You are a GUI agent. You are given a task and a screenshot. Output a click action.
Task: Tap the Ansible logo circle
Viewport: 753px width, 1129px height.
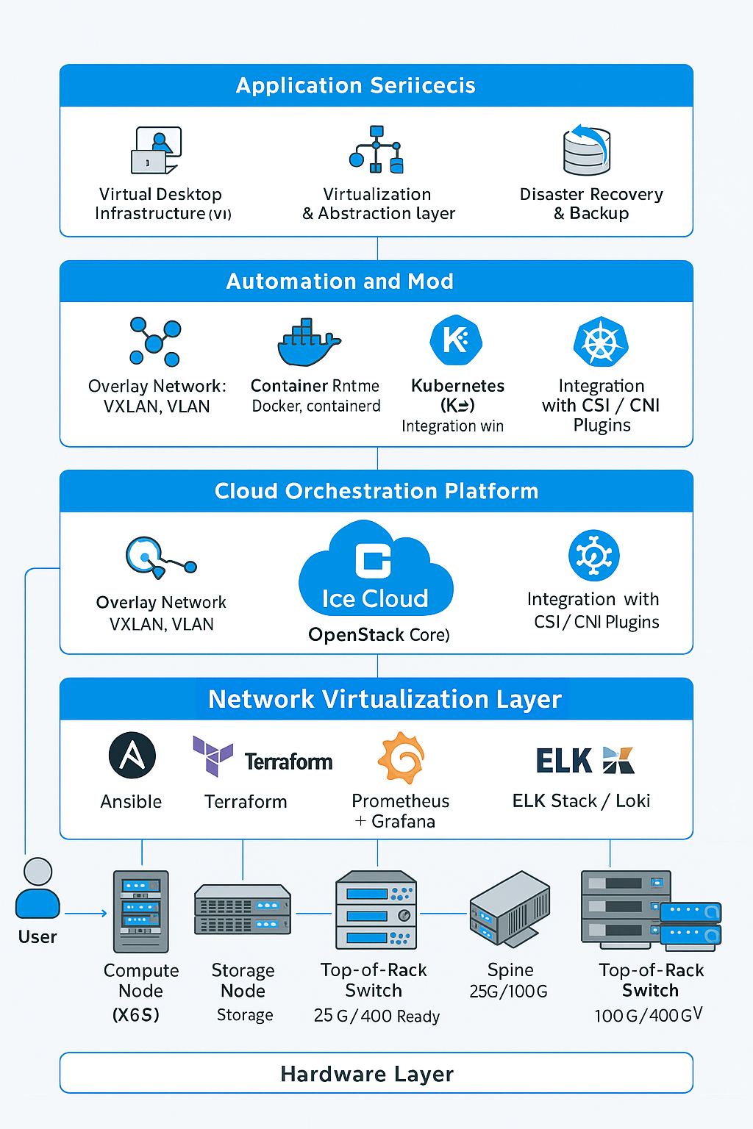click(x=132, y=755)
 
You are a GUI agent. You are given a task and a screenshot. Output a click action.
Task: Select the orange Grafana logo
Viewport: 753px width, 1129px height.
click(x=401, y=758)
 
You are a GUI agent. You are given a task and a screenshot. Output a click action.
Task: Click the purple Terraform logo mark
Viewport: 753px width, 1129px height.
click(x=213, y=755)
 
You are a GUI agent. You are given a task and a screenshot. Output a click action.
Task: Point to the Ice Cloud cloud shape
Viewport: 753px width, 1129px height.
click(x=376, y=570)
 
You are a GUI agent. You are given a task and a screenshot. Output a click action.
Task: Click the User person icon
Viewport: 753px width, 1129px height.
click(x=38, y=889)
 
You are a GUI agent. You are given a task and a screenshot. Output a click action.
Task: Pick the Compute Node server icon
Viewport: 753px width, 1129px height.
click(x=141, y=911)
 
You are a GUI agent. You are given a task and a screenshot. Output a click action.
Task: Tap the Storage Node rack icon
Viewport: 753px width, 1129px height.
click(x=243, y=910)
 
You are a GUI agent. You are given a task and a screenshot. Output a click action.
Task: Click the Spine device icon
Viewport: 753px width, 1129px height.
click(x=510, y=908)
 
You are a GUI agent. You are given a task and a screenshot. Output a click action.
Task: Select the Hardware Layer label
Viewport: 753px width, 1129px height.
click(x=367, y=1074)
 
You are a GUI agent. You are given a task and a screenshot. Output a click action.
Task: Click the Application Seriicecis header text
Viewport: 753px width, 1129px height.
click(x=356, y=85)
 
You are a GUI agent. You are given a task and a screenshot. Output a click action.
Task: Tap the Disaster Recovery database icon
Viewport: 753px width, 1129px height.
click(x=586, y=150)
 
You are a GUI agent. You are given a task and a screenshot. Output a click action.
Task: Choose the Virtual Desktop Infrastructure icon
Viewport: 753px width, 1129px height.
click(x=156, y=150)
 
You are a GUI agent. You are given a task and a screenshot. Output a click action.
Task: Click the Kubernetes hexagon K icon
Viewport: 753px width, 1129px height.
click(x=456, y=340)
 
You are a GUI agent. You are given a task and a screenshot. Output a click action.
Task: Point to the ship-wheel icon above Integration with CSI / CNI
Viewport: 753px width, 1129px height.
click(x=601, y=342)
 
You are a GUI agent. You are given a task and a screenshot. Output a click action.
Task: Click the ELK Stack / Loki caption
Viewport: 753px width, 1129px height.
click(x=581, y=800)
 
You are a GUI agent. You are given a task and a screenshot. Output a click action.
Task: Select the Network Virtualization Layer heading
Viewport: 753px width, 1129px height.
click(x=385, y=699)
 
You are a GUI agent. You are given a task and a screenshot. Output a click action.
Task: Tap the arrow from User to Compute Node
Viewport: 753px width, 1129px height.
click(x=86, y=914)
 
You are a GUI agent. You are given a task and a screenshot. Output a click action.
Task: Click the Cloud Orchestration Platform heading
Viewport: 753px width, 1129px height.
click(x=376, y=491)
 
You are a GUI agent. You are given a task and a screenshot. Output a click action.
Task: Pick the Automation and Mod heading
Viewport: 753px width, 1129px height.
click(x=340, y=282)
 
